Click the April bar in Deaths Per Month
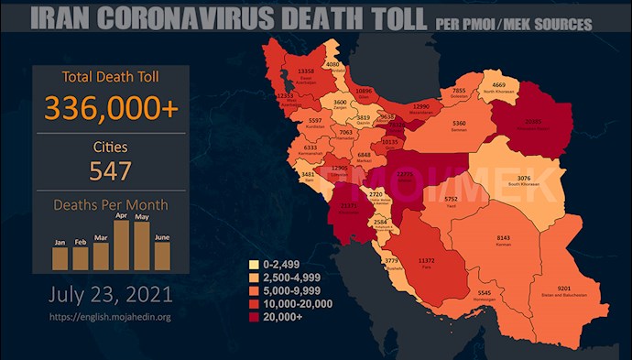120,243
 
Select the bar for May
141,245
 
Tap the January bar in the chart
60,257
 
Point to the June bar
162,256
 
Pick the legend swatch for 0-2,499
254,265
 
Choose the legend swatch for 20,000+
254,316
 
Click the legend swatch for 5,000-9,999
254,290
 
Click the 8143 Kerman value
511,237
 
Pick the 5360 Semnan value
460,123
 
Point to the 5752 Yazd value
450,198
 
